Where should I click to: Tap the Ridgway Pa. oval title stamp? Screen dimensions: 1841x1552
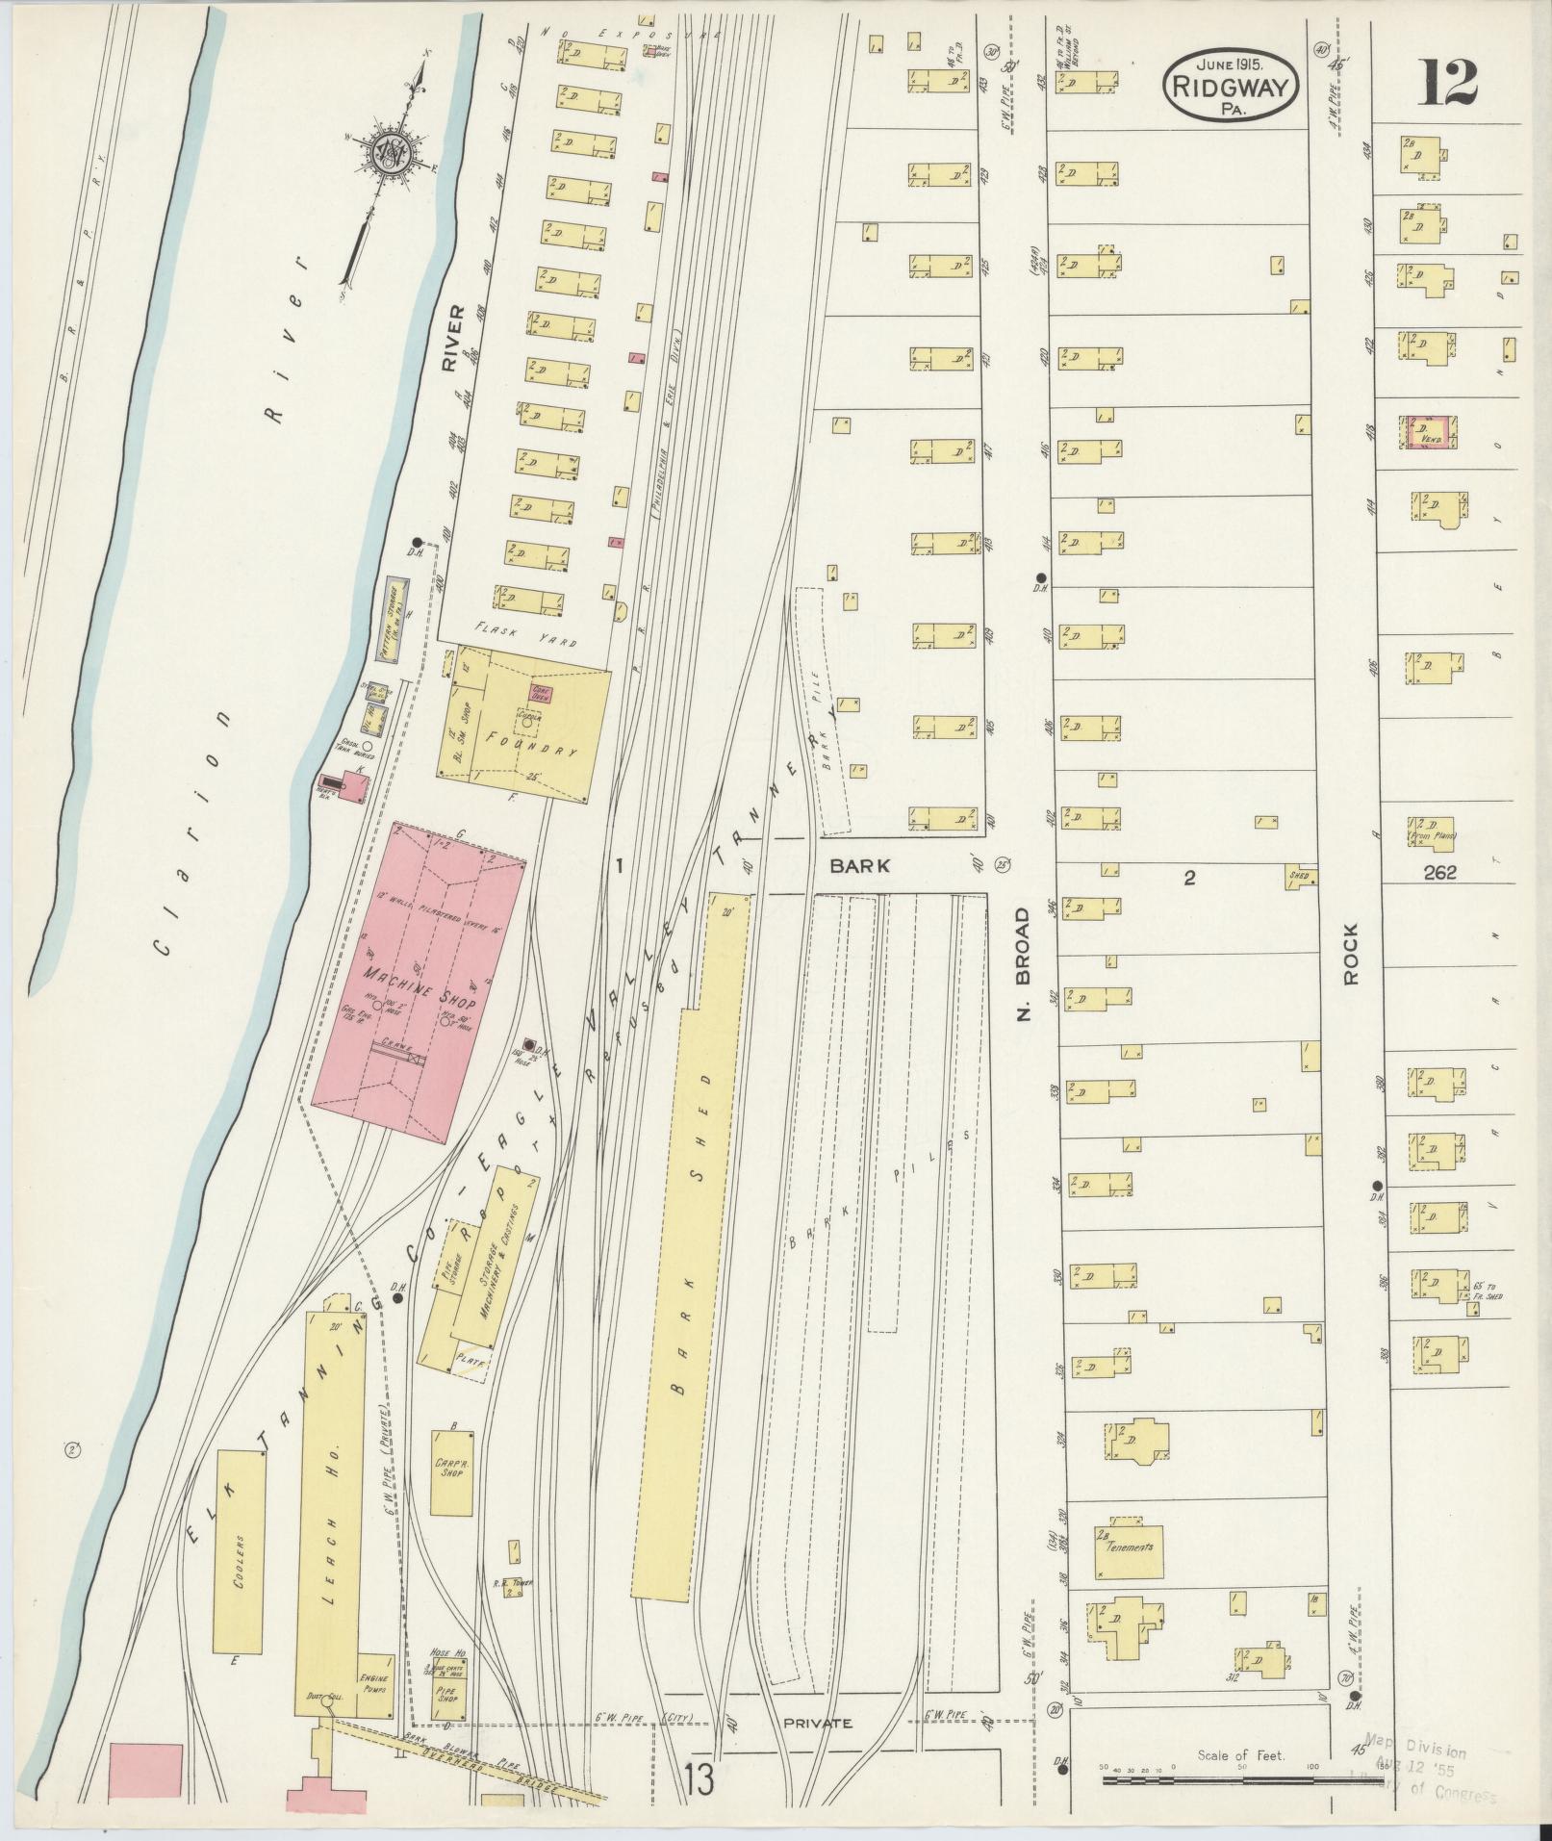pyautogui.click(x=1231, y=86)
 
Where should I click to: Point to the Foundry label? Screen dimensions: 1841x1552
pyautogui.click(x=533, y=742)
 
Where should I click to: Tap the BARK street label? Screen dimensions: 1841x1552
pyautogui.click(x=860, y=865)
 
